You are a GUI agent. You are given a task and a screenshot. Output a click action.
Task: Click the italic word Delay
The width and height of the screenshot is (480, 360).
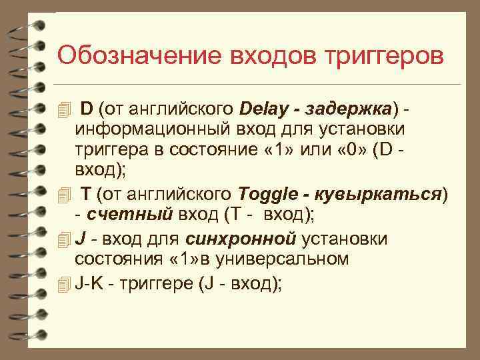(x=264, y=109)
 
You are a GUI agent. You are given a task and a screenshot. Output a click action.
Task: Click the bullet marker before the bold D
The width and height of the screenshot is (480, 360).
(x=63, y=109)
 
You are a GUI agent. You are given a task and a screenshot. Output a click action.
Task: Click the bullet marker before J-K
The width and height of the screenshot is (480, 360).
(x=63, y=284)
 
